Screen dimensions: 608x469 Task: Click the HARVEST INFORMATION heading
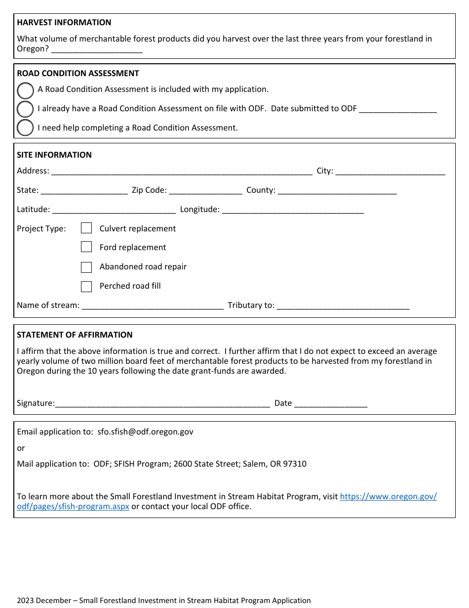coord(64,22)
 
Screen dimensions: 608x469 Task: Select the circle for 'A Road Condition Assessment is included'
coord(25,90)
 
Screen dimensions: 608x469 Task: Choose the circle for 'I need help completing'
coord(25,128)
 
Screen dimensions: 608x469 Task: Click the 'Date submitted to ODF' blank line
coord(397,110)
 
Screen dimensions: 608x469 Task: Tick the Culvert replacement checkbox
coord(86,228)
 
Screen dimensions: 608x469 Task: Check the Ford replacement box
coord(86,247)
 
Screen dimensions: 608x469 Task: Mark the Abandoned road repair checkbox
coord(86,267)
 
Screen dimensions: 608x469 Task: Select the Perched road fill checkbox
coord(86,286)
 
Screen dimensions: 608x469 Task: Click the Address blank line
coord(181,172)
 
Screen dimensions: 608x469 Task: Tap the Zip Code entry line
coord(205,191)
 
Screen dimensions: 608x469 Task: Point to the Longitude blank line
coord(293,211)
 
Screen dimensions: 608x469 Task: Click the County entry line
coord(337,191)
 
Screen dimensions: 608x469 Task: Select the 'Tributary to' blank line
coord(343,306)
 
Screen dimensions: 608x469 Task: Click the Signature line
coord(162,404)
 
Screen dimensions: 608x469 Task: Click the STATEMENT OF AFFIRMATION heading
coord(75,335)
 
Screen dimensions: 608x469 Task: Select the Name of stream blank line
coord(152,306)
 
